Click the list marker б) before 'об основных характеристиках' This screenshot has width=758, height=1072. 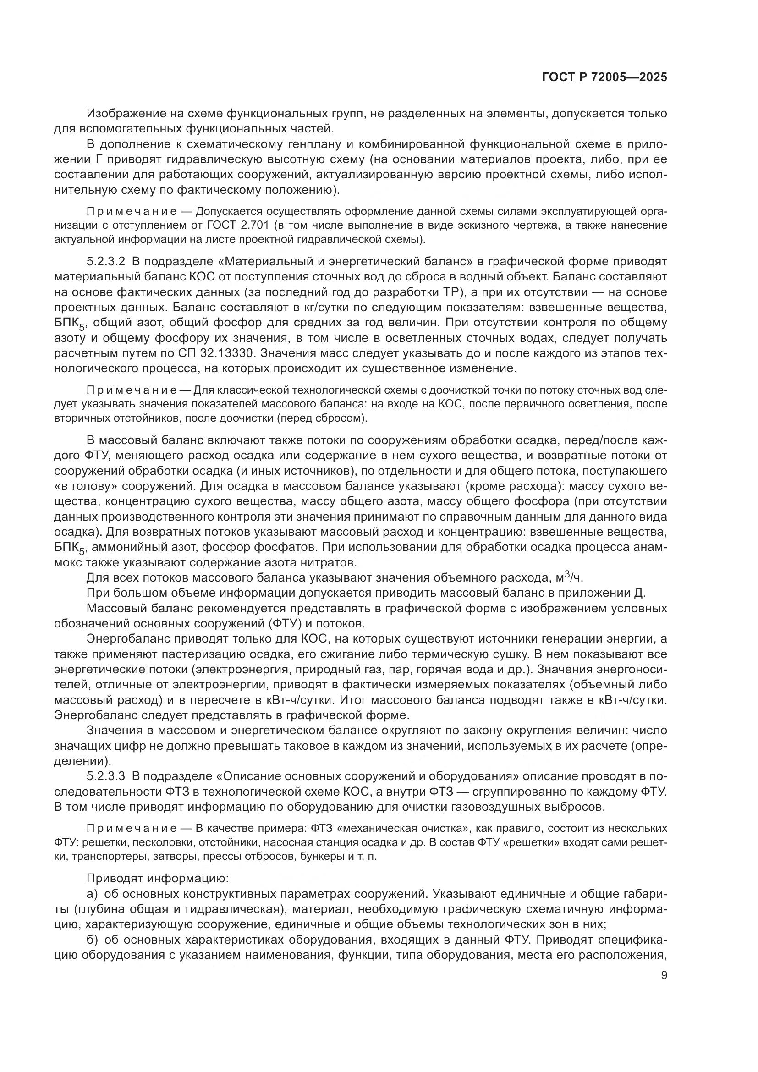pos(93,940)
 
